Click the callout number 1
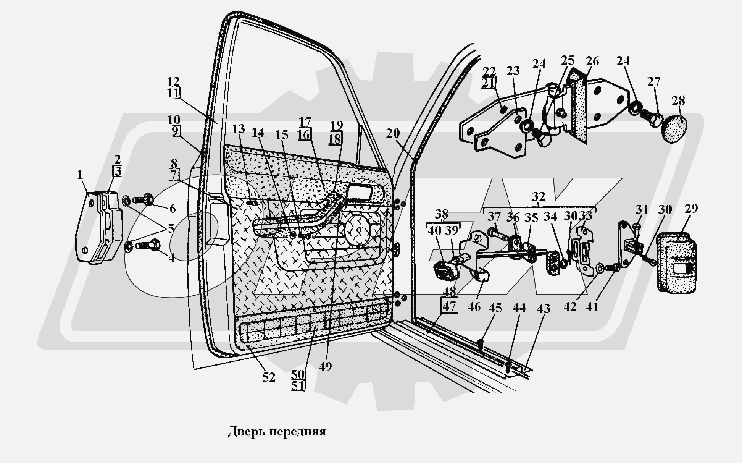coord(80,175)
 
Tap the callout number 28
coord(678,101)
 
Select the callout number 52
coord(269,377)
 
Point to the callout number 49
coord(325,366)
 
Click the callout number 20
coord(393,133)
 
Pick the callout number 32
coord(538,197)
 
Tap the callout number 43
coord(544,308)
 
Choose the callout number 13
coord(239,129)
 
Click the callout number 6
coord(172,209)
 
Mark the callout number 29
coord(691,209)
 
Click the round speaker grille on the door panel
coord(358,230)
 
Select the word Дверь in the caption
coord(247,432)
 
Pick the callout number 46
coord(474,306)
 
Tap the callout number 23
coord(513,71)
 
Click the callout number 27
coord(653,82)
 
